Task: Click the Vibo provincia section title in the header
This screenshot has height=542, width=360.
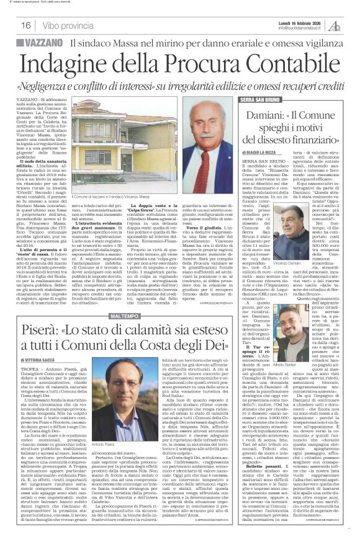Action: pyautogui.click(x=67, y=25)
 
